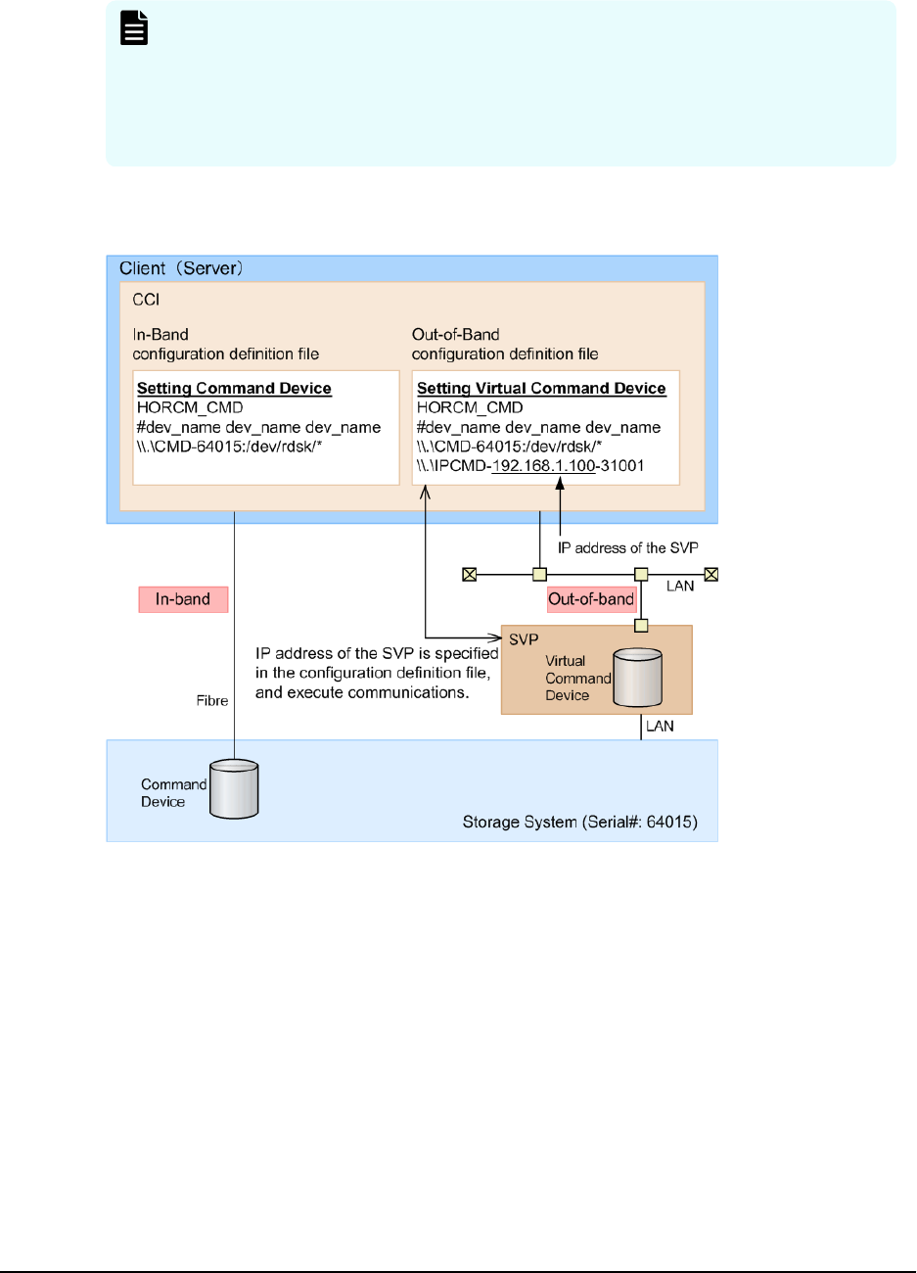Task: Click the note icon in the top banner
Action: [134, 29]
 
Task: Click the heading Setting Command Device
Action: [234, 388]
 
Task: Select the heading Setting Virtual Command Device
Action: [541, 388]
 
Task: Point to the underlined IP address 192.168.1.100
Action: [543, 466]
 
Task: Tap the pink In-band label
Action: [183, 599]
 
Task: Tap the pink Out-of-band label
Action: [591, 599]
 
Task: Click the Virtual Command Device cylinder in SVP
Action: [637, 677]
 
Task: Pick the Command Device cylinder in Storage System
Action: [234, 789]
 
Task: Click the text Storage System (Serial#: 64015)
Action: [579, 823]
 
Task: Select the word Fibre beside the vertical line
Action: [212, 701]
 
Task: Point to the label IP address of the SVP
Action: [627, 548]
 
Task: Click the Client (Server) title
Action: [181, 268]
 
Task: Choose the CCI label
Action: [146, 300]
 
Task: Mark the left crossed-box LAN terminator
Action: [470, 575]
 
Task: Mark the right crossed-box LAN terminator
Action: [711, 575]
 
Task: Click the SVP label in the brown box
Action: [524, 639]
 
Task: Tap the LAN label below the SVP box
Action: [660, 727]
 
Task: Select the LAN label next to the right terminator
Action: [680, 587]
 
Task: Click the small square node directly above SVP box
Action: [642, 625]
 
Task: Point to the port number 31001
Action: [622, 466]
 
